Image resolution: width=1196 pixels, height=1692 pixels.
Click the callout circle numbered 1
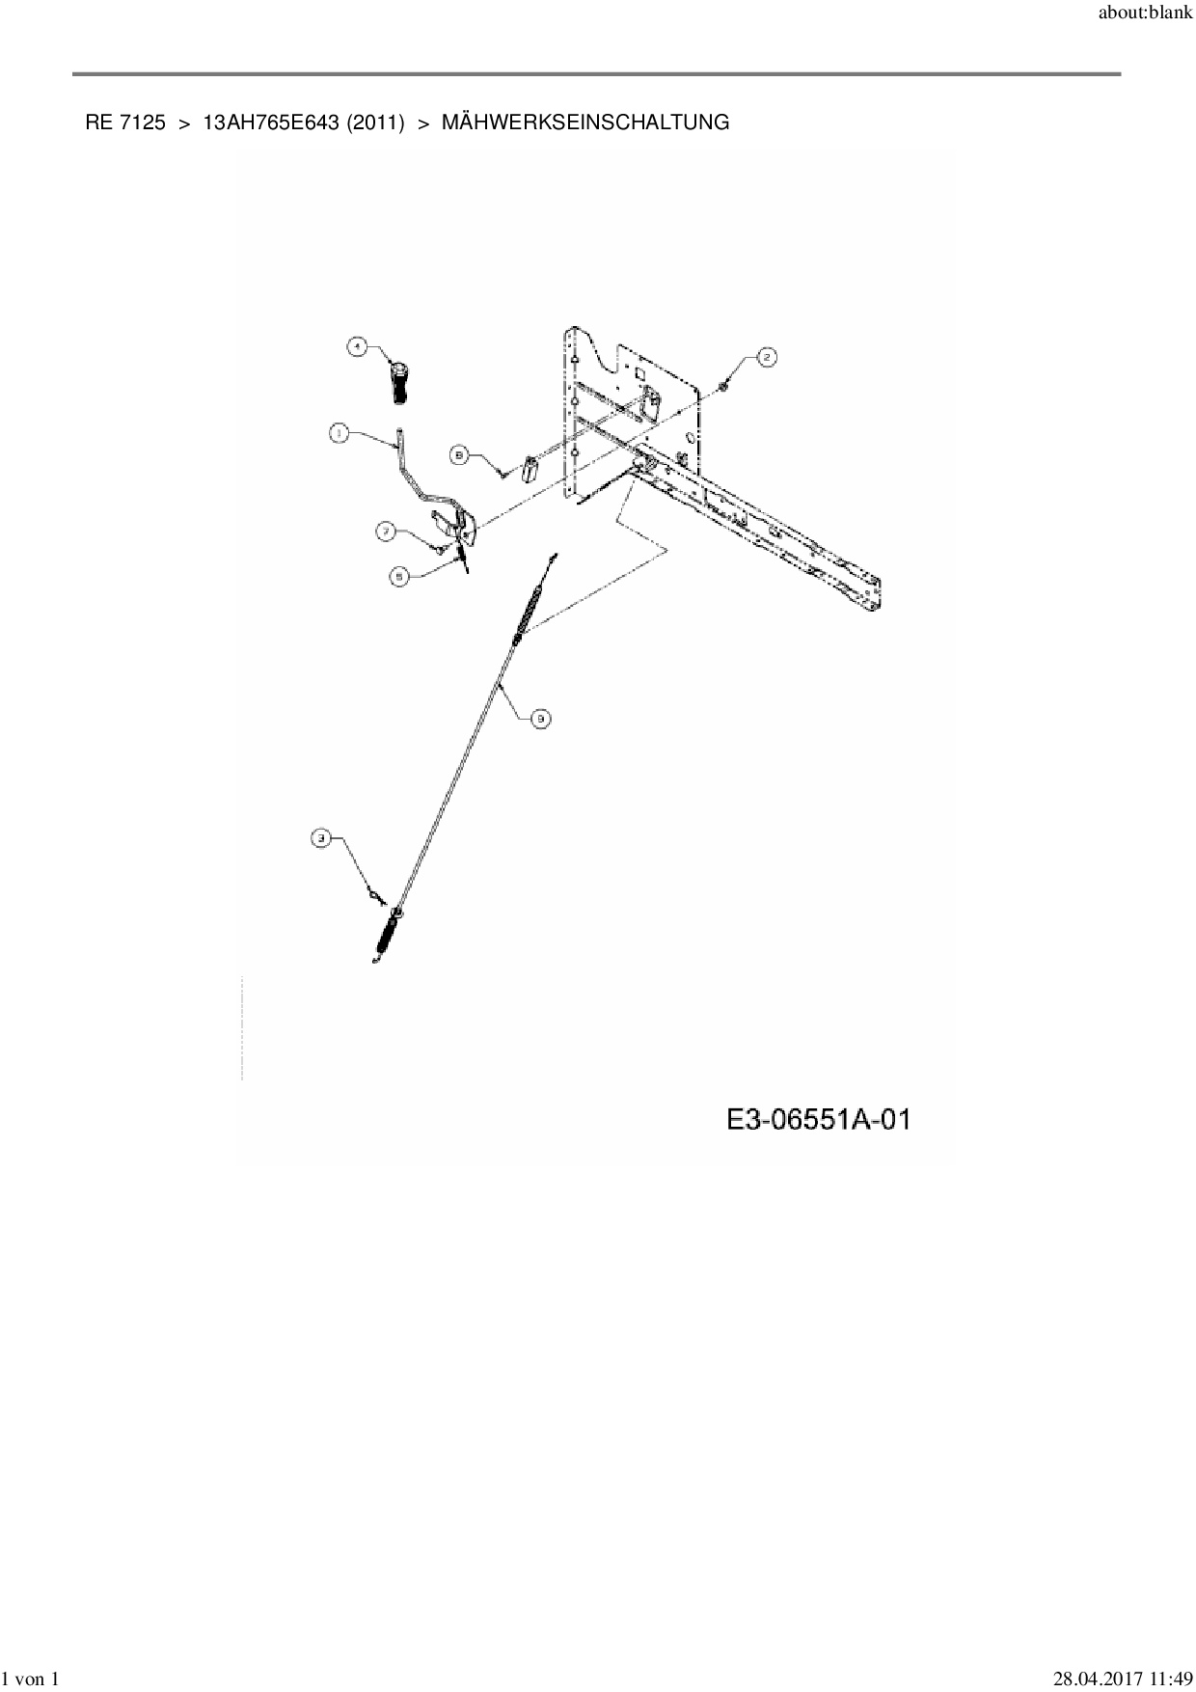[339, 434]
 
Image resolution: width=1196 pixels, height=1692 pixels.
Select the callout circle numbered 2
[766, 358]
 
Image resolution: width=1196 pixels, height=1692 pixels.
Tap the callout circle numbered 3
[321, 839]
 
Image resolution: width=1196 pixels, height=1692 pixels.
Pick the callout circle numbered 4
[357, 346]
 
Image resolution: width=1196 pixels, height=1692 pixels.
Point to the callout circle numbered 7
[386, 531]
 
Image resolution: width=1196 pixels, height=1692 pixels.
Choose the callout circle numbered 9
[541, 718]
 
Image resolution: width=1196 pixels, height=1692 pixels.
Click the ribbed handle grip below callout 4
[399, 383]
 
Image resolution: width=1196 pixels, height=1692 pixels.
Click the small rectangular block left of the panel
[530, 470]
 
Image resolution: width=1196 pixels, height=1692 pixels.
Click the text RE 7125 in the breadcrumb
[124, 123]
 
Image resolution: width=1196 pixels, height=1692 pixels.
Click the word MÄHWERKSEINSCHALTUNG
[585, 123]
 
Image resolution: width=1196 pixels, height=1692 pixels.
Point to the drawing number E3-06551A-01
[819, 1120]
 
